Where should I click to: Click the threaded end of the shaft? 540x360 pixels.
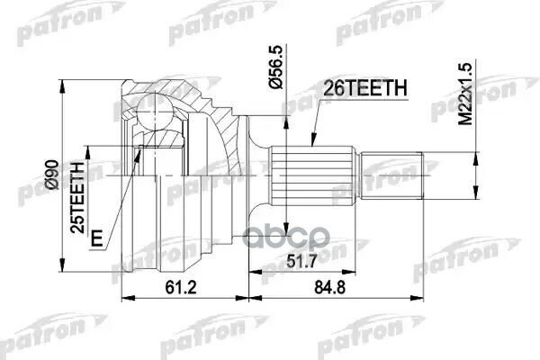(393, 174)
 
